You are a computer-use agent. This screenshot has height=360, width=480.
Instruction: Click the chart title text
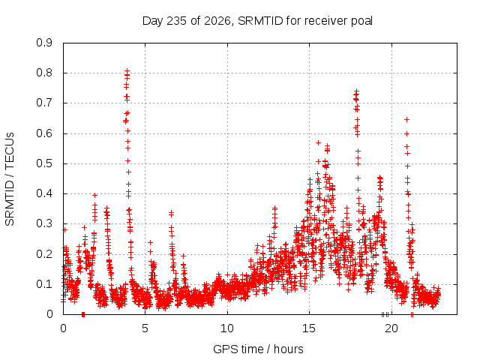(257, 21)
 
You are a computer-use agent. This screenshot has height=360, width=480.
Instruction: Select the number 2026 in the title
(217, 21)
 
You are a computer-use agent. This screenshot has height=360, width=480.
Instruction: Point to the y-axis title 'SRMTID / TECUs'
(10, 179)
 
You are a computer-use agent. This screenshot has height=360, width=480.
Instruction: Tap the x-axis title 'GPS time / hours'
(258, 349)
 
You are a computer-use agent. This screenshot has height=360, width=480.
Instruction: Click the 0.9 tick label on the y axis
(44, 43)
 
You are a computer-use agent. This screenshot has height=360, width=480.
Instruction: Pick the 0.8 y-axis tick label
(44, 73)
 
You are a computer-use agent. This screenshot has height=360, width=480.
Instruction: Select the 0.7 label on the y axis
(44, 103)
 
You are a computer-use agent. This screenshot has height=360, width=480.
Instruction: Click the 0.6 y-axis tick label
(44, 133)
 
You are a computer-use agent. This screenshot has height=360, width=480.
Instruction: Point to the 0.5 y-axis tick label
(44, 163)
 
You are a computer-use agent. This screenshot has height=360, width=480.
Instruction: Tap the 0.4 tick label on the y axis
(44, 193)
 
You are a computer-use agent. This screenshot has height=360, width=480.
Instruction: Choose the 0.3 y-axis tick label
(44, 223)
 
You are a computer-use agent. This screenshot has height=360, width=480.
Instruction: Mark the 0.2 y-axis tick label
(44, 254)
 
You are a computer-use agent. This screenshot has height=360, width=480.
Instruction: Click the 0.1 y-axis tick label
(44, 284)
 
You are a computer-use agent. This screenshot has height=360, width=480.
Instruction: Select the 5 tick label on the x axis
(145, 328)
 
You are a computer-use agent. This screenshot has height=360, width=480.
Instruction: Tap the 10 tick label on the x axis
(227, 328)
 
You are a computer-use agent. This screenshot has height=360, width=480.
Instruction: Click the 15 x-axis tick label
(309, 328)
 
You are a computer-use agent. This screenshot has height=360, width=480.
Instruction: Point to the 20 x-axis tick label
(391, 328)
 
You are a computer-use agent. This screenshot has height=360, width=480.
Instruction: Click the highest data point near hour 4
(127, 70)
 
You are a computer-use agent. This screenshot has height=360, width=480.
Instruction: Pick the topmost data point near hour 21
(406, 120)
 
